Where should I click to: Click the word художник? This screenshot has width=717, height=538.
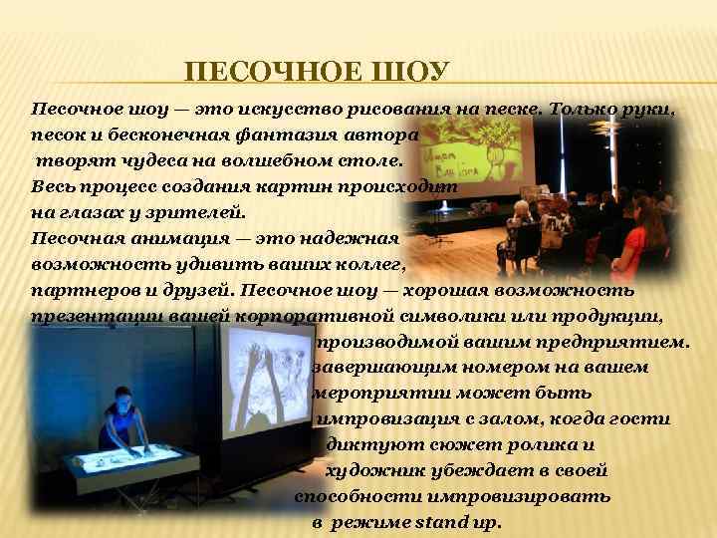[x=374, y=471]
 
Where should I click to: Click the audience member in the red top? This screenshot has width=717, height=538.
[x=637, y=244]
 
